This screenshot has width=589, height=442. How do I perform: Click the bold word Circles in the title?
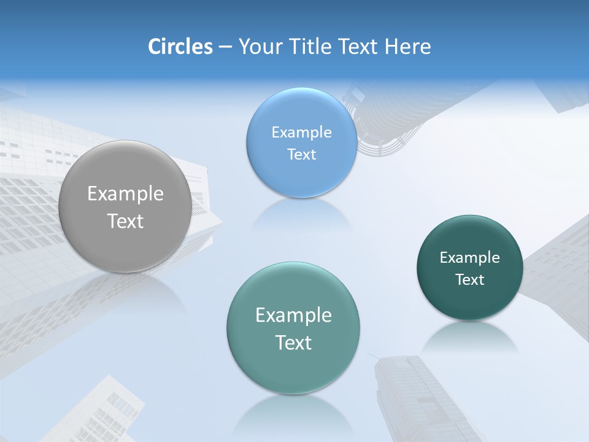(x=180, y=47)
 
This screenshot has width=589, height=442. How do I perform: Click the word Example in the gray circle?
(x=125, y=194)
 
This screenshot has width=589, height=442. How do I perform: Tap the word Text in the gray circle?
(x=125, y=221)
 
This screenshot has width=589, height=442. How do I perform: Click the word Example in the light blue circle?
(x=301, y=133)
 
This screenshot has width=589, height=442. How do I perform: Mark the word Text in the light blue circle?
(x=301, y=155)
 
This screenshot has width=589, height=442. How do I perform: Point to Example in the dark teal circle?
(x=470, y=258)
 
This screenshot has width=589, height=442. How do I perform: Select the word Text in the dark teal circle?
(x=470, y=280)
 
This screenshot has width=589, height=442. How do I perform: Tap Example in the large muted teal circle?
(x=293, y=316)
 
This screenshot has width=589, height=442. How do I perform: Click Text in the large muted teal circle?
(x=293, y=343)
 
